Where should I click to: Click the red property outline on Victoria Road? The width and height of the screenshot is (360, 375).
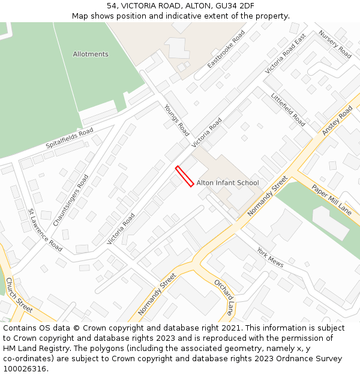pos(184,176)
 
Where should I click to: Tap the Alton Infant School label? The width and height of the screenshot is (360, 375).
pos(227,183)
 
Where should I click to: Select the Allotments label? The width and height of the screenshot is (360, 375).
pos(91,54)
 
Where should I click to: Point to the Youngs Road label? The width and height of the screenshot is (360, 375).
pos(176,120)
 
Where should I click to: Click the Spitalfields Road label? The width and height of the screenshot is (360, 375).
pos(70,139)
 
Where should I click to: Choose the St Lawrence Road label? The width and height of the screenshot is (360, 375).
pos(45,230)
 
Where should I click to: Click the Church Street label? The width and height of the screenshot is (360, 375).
pos(19,295)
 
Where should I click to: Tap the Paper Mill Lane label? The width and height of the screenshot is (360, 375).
pos(331,200)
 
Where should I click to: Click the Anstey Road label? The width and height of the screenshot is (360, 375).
pos(337,121)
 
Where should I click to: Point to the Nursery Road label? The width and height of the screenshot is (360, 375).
pos(335,44)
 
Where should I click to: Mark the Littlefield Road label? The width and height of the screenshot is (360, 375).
pos(288,109)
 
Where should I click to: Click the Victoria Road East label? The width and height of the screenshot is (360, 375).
pos(286,54)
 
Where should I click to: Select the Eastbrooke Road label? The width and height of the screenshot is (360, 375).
pos(226,49)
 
